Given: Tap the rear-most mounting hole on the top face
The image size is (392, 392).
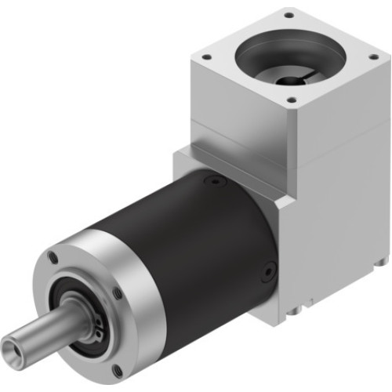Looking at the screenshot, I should pos(289,14).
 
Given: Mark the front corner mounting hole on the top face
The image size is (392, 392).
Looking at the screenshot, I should pos(291,100).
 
